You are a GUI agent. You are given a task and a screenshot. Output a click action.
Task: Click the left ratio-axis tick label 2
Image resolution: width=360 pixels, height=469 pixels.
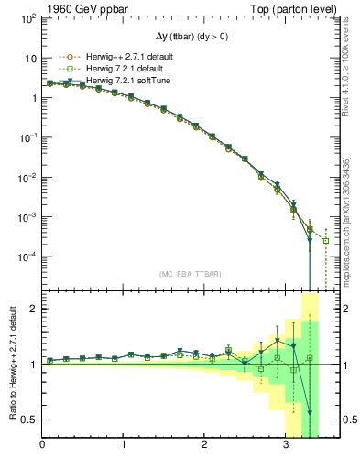click(x=35, y=309)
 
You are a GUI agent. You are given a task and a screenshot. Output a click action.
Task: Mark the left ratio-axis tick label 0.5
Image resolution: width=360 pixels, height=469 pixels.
click(x=30, y=420)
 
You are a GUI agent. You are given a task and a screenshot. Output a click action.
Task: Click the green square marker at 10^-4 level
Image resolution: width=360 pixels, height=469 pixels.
click(x=325, y=241)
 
